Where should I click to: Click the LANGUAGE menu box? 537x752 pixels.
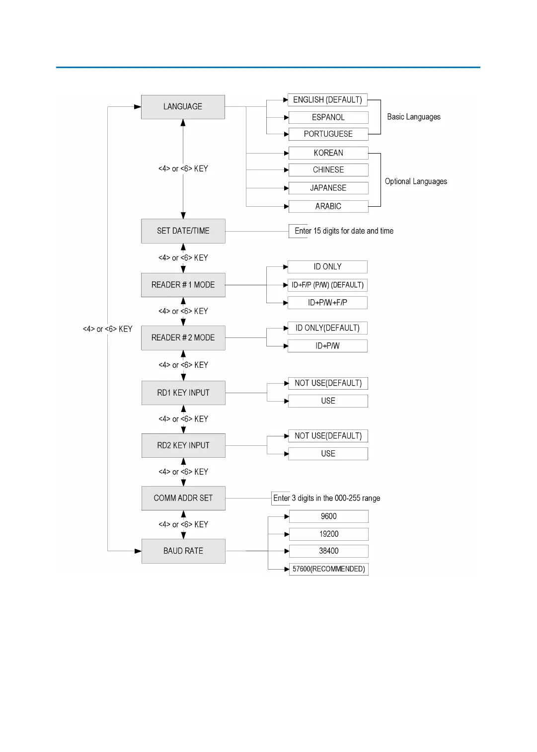click(x=183, y=107)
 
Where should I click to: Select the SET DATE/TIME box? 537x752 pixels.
click(x=183, y=231)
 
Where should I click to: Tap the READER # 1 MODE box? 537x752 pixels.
click(x=183, y=285)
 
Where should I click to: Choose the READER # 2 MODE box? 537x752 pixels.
click(x=183, y=338)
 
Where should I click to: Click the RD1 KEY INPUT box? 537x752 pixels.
click(x=183, y=393)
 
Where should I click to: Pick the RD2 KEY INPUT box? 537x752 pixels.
click(x=183, y=445)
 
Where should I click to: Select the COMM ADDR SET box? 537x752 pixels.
click(x=183, y=498)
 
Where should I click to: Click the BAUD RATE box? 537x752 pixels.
click(x=183, y=551)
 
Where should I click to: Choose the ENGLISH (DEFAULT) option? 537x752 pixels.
click(x=327, y=100)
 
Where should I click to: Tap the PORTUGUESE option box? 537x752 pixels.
click(x=328, y=134)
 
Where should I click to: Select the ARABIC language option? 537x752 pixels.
click(x=328, y=206)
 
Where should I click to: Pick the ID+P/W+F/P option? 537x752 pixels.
click(x=327, y=303)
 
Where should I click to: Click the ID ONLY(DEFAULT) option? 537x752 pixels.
click(x=327, y=328)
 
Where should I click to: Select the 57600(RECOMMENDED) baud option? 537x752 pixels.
click(x=328, y=569)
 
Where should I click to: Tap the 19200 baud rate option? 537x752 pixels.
click(x=328, y=534)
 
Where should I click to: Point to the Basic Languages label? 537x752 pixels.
click(x=414, y=117)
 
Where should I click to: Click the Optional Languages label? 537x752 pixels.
click(x=416, y=181)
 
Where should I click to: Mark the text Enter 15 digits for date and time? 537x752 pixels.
click(x=344, y=231)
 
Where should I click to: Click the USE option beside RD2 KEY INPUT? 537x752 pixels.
click(x=328, y=454)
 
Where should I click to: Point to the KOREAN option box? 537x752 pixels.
click(x=328, y=153)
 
